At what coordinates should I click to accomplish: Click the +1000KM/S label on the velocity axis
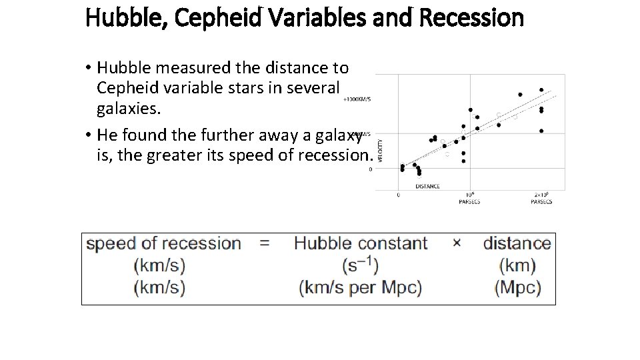click(357, 99)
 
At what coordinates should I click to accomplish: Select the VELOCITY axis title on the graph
click(381, 149)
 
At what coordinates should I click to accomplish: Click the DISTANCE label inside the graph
click(427, 186)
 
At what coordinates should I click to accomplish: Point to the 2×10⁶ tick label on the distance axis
click(541, 195)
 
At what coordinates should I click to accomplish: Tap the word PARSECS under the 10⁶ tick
click(470, 202)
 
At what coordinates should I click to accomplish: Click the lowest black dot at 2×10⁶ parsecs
click(541, 131)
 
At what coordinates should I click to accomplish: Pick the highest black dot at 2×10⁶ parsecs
click(541, 89)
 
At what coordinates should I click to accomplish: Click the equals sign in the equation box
click(265, 243)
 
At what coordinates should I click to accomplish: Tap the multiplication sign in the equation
click(457, 243)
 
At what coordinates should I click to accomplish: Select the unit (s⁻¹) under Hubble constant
click(360, 266)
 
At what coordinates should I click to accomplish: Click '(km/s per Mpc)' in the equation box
click(360, 288)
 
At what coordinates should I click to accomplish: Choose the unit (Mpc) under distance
click(517, 288)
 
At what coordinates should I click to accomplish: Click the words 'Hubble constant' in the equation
click(360, 243)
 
